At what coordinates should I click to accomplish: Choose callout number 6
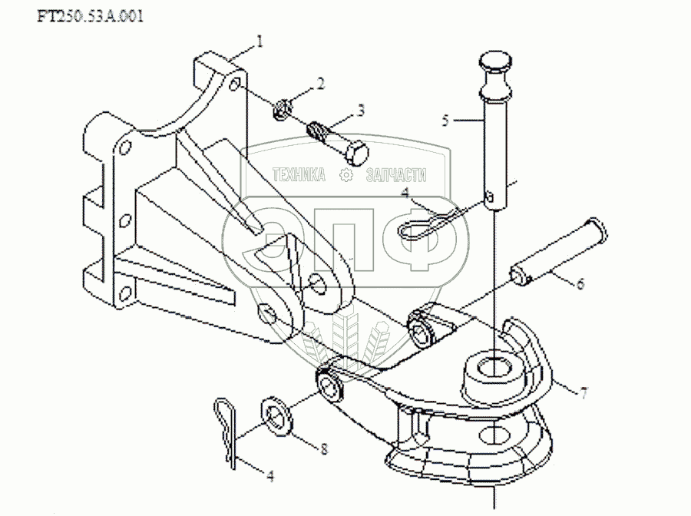tap(580, 283)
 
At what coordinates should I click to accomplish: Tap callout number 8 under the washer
tap(323, 448)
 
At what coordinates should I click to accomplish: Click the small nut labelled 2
tap(280, 109)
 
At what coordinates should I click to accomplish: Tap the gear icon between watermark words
tap(345, 176)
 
